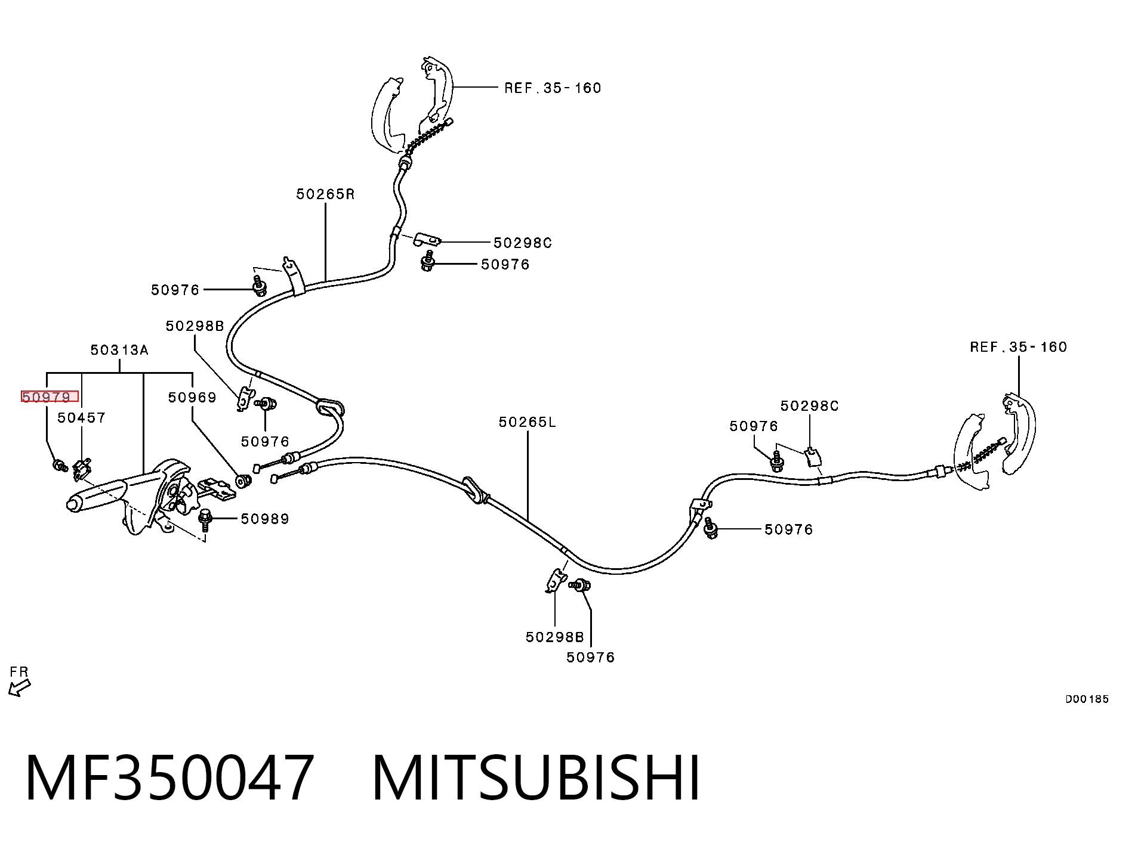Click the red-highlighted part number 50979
(x=47, y=397)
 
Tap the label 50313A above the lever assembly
(x=119, y=350)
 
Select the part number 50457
(x=82, y=418)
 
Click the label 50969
(x=192, y=397)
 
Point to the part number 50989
(x=265, y=519)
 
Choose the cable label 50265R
(x=325, y=194)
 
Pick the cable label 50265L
(x=528, y=422)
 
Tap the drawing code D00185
(x=1087, y=699)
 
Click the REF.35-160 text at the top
(x=553, y=88)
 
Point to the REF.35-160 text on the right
(x=1019, y=347)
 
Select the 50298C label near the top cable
(x=523, y=243)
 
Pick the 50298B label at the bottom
(x=555, y=637)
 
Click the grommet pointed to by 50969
(x=243, y=480)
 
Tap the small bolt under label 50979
(x=60, y=465)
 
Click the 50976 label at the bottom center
(x=591, y=657)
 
